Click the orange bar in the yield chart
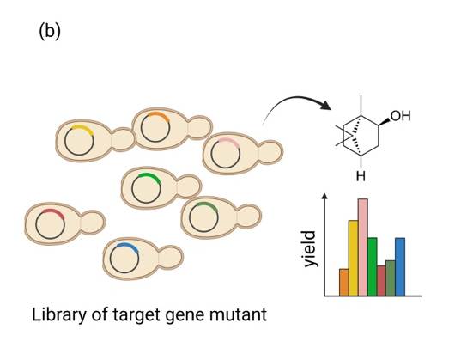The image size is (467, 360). [x=344, y=282]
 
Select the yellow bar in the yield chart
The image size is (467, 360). [x=353, y=258]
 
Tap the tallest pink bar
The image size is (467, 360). [x=363, y=247]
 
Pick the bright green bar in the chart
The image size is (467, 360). [x=373, y=266]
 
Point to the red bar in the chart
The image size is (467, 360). [x=381, y=281]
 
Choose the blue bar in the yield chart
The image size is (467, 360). [x=400, y=266]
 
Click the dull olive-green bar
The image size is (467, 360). [x=391, y=278]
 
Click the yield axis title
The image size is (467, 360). [x=310, y=249]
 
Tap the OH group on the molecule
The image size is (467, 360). [x=401, y=116]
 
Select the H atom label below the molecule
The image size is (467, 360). [x=361, y=176]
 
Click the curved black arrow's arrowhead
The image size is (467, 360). [x=325, y=105]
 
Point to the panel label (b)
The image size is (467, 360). [x=50, y=31]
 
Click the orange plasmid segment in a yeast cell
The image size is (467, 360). [x=160, y=116]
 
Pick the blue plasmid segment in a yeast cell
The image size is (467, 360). [x=128, y=247]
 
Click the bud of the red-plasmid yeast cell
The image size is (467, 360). [x=93, y=223]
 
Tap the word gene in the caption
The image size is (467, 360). [x=185, y=316]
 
